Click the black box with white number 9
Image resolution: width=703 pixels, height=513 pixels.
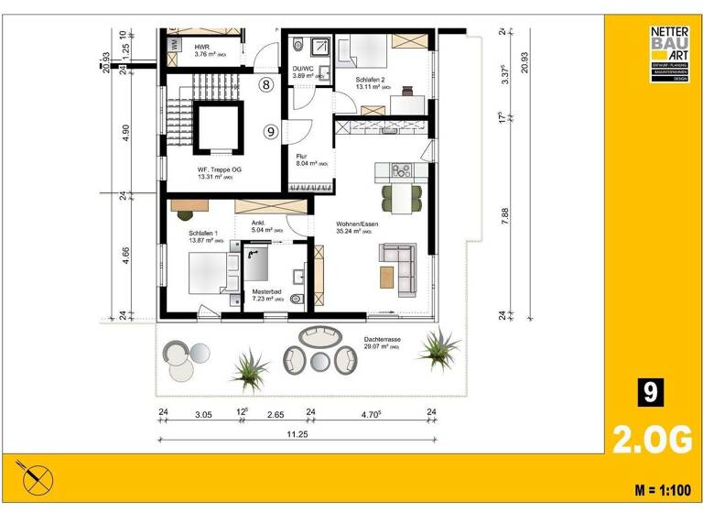(x=649, y=392)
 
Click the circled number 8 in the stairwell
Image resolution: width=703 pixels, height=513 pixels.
(x=265, y=85)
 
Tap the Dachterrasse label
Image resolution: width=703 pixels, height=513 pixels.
(x=382, y=340)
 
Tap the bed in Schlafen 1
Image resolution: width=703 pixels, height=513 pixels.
(x=207, y=273)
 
